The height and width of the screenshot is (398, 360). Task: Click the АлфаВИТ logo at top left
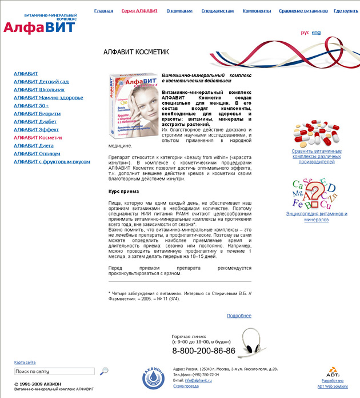point(39,25)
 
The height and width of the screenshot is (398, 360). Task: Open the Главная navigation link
point(103,11)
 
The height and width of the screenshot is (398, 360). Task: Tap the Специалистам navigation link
point(218,11)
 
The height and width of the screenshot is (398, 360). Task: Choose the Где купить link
point(346,11)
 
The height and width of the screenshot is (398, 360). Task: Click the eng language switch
point(316,33)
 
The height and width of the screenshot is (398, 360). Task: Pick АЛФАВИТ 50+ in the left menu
point(31,106)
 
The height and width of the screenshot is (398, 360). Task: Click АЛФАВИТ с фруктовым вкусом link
point(52,162)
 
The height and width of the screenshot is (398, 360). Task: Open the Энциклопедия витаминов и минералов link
point(316,217)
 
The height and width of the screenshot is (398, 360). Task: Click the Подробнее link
point(239,316)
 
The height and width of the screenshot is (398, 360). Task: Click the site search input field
point(54,372)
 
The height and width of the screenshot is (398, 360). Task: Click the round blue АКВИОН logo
point(153,378)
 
